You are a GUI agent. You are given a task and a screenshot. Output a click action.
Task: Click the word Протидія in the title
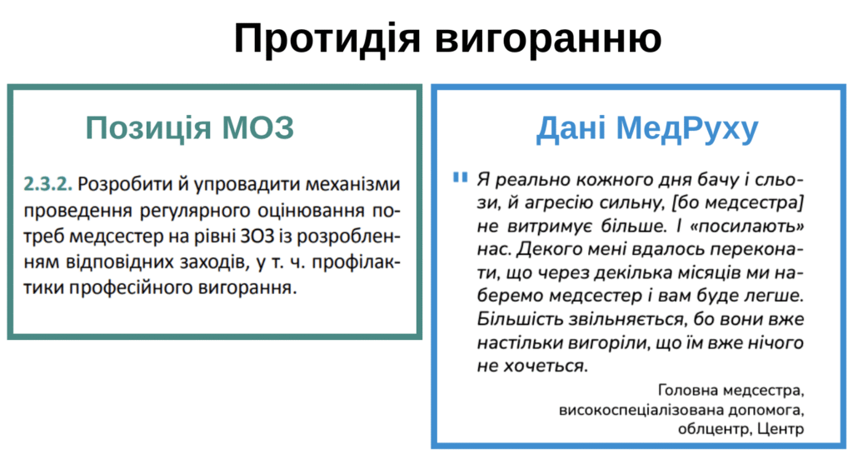pyautogui.click(x=327, y=38)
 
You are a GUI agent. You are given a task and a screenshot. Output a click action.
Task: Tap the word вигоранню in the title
pyautogui.click(x=548, y=39)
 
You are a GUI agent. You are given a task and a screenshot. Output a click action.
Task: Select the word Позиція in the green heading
pyautogui.click(x=148, y=128)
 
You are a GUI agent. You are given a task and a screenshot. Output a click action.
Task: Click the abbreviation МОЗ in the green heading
pyautogui.click(x=257, y=127)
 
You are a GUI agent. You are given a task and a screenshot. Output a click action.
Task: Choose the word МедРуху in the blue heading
pyautogui.click(x=687, y=129)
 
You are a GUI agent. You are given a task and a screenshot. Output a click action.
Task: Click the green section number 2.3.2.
pyautogui.click(x=47, y=184)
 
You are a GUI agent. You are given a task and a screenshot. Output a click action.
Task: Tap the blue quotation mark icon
pyautogui.click(x=460, y=177)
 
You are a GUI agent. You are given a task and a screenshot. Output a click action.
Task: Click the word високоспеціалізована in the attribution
pyautogui.click(x=631, y=409)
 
